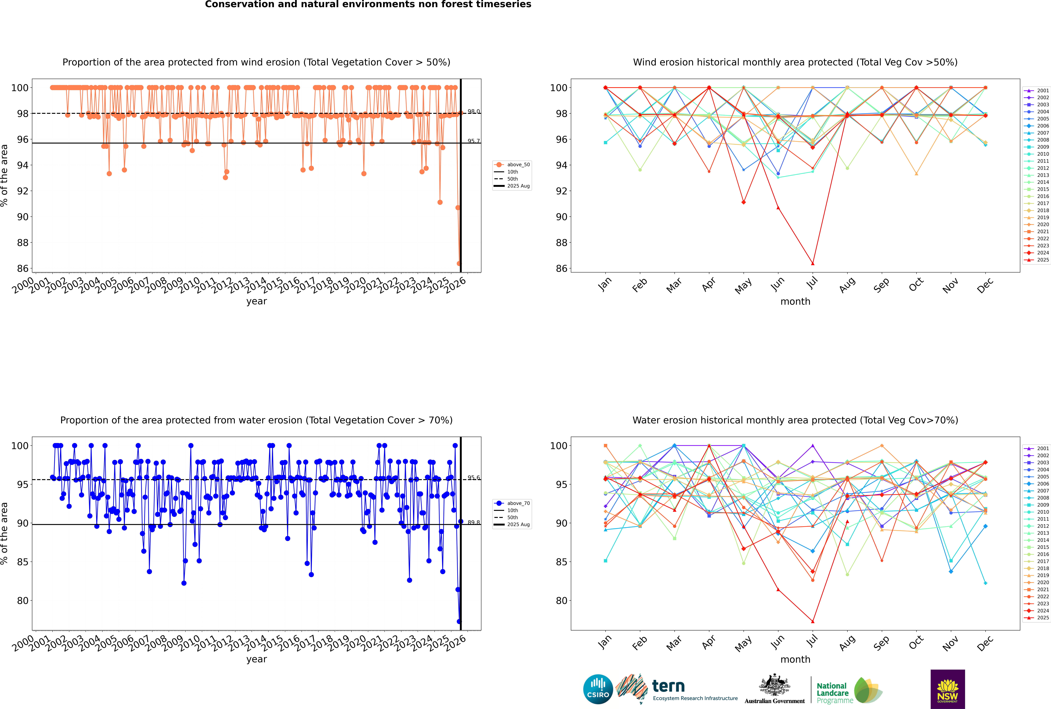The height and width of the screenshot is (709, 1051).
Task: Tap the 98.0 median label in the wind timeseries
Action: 474,112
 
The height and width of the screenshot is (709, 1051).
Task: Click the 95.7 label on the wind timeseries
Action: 474,141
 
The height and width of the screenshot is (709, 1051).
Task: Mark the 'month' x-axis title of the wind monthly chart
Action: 795,302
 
